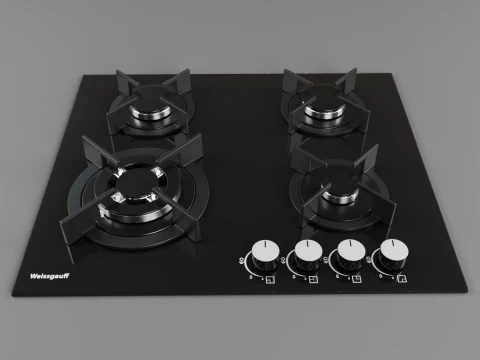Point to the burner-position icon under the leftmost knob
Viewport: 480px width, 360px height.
click(x=269, y=279)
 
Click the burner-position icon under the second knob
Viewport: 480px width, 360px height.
click(x=313, y=279)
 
